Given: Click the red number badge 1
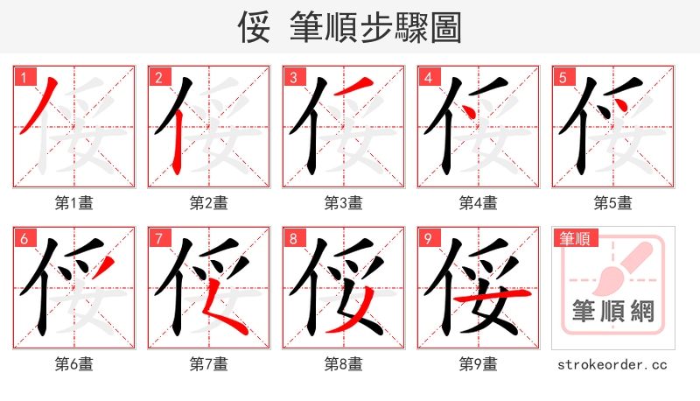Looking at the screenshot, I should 24,76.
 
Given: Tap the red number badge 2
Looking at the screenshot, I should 158,76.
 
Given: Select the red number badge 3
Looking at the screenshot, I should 293,76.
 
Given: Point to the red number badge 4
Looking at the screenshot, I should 428,76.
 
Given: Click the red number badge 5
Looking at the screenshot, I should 563,76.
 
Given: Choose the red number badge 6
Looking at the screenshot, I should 24,238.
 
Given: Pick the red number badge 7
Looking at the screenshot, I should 158,238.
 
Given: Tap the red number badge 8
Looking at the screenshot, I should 293,238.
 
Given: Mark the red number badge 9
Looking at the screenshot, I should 428,238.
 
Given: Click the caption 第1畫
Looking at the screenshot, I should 73,203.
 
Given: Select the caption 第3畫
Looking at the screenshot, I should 343,203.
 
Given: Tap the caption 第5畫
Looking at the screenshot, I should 612,203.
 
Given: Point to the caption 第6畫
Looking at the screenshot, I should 73,364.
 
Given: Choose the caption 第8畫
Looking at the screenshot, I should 343,364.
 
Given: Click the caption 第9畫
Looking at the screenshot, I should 478,364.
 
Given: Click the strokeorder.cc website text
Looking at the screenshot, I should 612,364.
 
